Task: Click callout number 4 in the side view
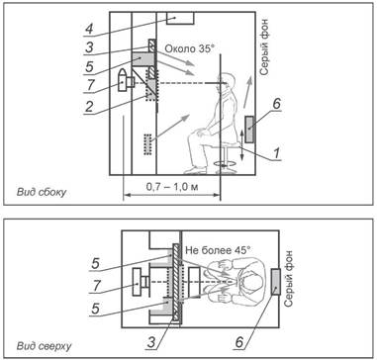[89, 29]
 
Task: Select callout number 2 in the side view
[89, 107]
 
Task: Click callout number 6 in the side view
[276, 104]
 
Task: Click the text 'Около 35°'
[189, 49]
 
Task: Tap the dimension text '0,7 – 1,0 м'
[171, 187]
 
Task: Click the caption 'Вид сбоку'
[42, 192]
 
